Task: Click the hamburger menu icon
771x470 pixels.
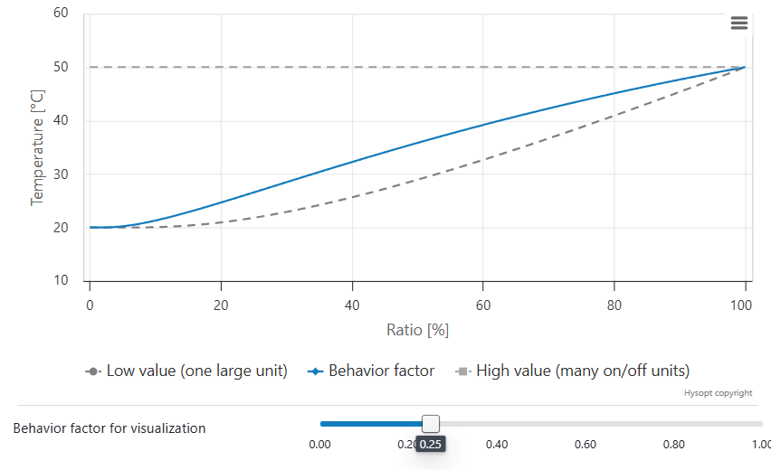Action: coord(739,23)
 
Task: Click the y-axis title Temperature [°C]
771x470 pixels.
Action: coord(38,147)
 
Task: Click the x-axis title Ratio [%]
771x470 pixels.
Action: coord(418,330)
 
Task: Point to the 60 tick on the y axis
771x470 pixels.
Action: coord(61,14)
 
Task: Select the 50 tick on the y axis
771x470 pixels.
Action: coord(61,67)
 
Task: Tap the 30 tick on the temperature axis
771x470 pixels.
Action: coord(61,174)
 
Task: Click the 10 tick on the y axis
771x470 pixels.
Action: coord(61,281)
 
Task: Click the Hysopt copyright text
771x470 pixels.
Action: coord(718,393)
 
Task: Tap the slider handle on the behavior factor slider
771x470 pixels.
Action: coord(431,423)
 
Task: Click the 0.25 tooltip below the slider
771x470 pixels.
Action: coord(431,445)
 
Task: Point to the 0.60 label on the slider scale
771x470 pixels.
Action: coord(585,445)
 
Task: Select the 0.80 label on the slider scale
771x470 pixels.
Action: coord(673,445)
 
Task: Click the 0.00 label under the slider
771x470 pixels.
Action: coord(319,445)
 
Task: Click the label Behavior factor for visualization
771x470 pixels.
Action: coord(109,428)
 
